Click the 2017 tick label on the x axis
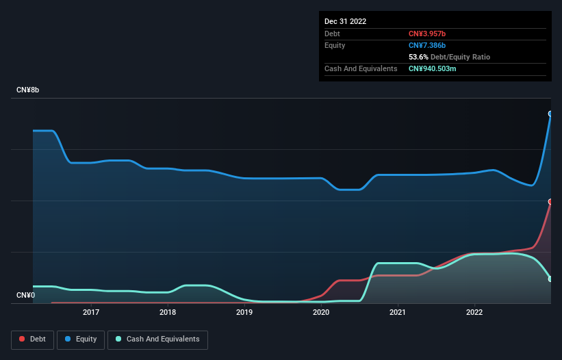click(x=91, y=313)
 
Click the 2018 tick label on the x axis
click(x=168, y=313)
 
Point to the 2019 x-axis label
click(x=244, y=313)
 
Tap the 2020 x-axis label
click(x=321, y=313)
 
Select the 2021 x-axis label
click(x=398, y=313)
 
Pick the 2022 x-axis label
click(x=474, y=313)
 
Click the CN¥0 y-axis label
click(x=25, y=296)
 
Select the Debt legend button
click(x=33, y=339)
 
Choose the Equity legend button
click(x=81, y=339)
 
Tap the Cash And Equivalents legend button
click(x=157, y=339)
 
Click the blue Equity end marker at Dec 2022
click(x=550, y=114)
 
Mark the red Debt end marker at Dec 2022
click(x=550, y=202)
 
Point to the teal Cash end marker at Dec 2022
click(x=550, y=279)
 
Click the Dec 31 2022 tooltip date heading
click(x=346, y=21)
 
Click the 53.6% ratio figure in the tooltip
click(x=419, y=57)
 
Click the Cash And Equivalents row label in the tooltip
click(x=361, y=68)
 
